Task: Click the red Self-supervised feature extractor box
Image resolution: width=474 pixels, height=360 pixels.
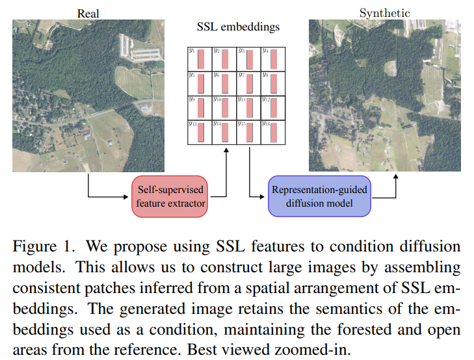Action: pyautogui.click(x=170, y=196)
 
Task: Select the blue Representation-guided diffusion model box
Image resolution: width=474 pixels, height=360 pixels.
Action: pyautogui.click(x=319, y=196)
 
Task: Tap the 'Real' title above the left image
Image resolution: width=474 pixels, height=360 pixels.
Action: pyautogui.click(x=88, y=13)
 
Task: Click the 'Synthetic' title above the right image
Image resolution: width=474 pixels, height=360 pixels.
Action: pyautogui.click(x=384, y=13)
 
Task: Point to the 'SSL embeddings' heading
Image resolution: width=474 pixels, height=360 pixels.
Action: pyautogui.click(x=238, y=27)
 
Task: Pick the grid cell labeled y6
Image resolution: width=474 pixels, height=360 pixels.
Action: pyautogui.click(x=224, y=84)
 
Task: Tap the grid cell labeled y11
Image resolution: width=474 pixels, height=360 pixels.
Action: pyautogui.click(x=248, y=108)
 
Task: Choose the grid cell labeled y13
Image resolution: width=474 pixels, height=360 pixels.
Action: pyautogui.click(x=199, y=132)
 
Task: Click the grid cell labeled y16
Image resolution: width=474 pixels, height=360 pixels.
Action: pyautogui.click(x=272, y=132)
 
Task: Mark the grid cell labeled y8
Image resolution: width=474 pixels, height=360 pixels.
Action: pyautogui.click(x=272, y=84)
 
